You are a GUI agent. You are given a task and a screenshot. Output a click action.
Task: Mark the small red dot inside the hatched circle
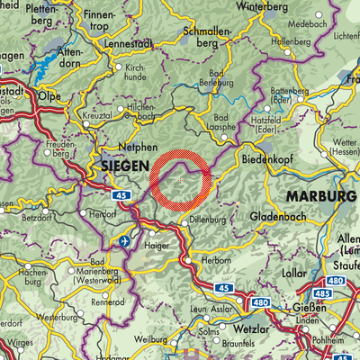(x=181, y=180)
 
